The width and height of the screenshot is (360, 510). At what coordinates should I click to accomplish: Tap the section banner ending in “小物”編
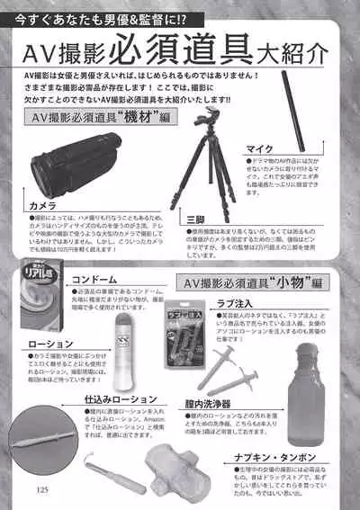click(x=252, y=282)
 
